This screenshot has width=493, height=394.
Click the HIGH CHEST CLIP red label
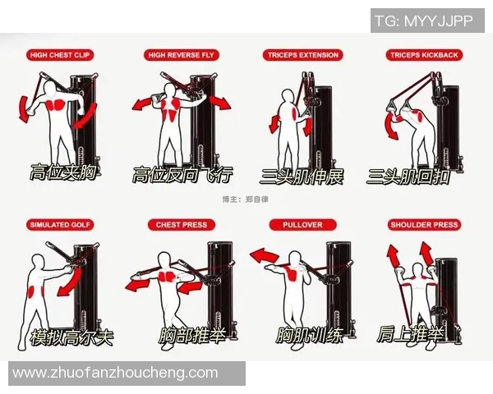[60, 55]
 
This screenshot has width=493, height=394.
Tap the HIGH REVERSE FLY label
[181, 55]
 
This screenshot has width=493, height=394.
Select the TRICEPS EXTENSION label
[302, 55]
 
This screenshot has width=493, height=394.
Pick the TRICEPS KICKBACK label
[424, 55]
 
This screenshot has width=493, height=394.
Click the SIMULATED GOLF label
[60, 225]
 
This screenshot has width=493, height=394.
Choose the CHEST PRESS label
[182, 225]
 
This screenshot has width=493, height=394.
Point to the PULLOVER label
[302, 225]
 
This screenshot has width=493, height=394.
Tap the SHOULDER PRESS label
[424, 225]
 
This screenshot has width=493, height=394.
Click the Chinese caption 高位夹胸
[63, 172]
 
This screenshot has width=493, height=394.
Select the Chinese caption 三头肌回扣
[408, 176]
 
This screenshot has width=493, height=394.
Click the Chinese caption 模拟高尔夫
[71, 337]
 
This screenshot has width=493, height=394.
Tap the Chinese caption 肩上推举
[411, 334]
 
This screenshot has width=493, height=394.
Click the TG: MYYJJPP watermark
[424, 21]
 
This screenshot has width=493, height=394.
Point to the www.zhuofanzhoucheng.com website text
[115, 373]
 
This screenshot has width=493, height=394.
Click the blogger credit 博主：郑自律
[246, 199]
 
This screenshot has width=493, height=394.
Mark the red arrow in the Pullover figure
[264, 255]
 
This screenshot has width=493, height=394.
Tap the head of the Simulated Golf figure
[38, 262]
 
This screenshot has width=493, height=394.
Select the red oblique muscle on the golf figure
[32, 291]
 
